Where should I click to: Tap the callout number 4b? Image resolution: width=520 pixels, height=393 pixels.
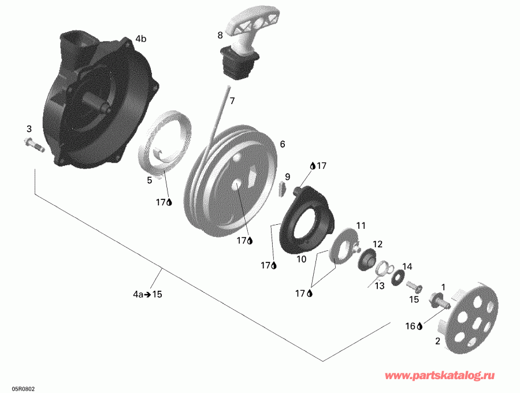(x=140, y=39)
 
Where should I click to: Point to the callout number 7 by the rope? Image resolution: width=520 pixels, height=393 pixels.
(x=232, y=101)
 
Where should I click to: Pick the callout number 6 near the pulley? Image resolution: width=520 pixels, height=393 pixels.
(x=283, y=144)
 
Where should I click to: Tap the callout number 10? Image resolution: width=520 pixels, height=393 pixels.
(x=301, y=259)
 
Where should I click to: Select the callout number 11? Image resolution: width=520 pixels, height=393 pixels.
(x=361, y=225)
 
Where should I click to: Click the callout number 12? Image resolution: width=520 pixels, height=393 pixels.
(x=377, y=244)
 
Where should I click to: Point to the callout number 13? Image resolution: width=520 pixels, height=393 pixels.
(x=379, y=285)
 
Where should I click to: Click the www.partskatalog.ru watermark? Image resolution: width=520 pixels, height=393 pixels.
(x=448, y=376)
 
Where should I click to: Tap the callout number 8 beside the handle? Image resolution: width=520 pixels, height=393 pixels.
(x=220, y=35)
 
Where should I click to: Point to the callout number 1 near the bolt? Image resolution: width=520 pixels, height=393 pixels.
(x=443, y=286)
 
